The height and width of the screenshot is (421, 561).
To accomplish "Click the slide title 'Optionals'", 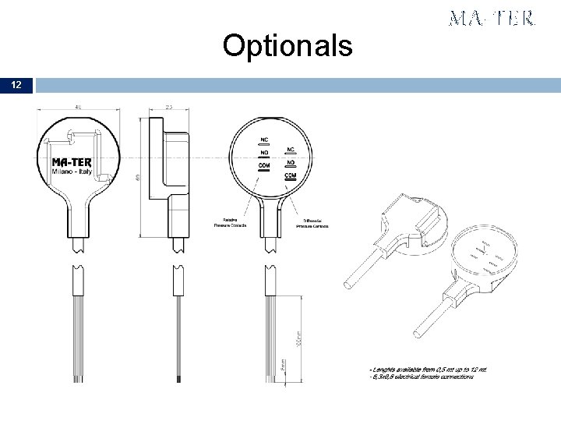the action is click(x=287, y=46).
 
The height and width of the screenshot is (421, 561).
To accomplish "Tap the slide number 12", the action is click(x=16, y=84).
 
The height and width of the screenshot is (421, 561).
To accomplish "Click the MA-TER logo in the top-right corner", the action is click(x=492, y=19).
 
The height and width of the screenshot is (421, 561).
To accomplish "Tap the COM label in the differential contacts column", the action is click(x=290, y=175).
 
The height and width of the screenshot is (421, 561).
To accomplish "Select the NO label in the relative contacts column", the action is click(x=263, y=154).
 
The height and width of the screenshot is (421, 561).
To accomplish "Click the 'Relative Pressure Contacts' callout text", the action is click(x=230, y=222).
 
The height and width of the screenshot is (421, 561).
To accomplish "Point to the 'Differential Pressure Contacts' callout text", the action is click(x=312, y=223).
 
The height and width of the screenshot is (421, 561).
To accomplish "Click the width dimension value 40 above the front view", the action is click(x=77, y=106).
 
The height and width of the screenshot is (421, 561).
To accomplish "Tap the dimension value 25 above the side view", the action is click(x=169, y=106).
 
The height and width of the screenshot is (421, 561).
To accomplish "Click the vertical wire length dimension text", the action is click(x=297, y=341).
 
